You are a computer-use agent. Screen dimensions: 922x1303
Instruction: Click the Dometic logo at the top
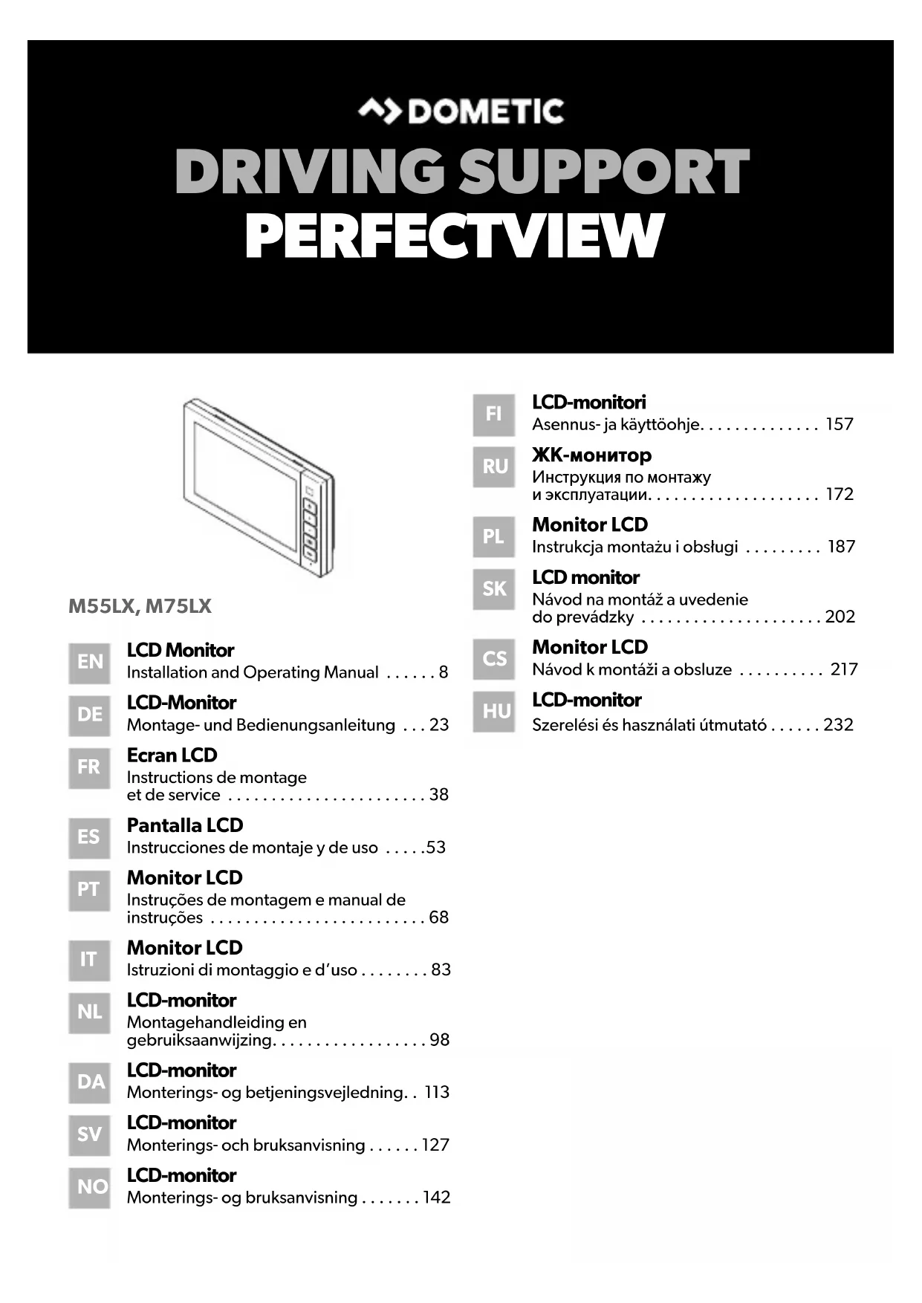coord(461,111)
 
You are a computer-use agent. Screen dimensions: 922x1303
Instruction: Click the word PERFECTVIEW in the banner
coord(453,236)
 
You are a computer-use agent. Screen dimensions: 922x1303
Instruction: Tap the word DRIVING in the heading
coord(309,172)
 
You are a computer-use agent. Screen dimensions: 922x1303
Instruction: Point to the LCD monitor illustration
coord(258,489)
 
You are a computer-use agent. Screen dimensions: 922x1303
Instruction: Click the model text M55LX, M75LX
coord(140,606)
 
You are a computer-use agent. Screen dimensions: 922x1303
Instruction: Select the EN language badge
coord(90,662)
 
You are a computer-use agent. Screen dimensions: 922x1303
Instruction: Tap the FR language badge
coord(89,767)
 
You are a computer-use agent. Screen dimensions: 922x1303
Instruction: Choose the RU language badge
coord(495,467)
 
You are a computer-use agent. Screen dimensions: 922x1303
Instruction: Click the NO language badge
coord(91,1187)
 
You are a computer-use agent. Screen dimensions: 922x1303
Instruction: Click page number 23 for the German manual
coord(439,725)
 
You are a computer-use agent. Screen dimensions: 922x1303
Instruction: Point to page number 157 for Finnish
coord(840,424)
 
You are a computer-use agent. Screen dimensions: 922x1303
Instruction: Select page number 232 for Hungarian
coord(838,725)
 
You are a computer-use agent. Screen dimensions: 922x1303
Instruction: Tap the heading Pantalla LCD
coord(185,825)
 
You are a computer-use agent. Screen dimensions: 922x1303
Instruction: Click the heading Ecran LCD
coord(172,756)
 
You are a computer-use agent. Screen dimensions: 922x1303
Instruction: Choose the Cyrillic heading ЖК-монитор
coord(591,455)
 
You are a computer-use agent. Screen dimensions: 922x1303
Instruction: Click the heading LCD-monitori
coord(588,403)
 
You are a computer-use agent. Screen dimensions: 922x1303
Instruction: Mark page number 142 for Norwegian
coord(437,1198)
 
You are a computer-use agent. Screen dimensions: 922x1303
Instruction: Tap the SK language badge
coord(495,589)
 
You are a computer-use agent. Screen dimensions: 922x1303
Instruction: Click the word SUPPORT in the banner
coord(603,172)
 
